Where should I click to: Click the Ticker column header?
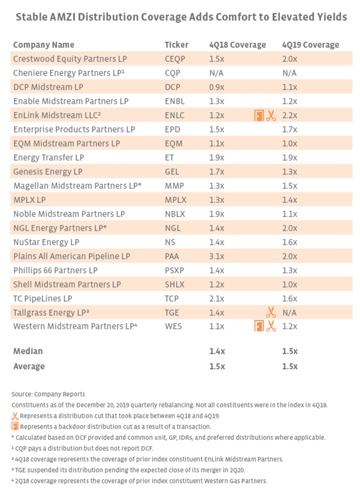coord(176,45)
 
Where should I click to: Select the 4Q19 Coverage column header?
coord(310,45)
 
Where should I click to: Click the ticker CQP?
coord(172,73)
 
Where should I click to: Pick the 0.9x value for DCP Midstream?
coord(216,87)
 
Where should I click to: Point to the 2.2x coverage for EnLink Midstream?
coord(289,115)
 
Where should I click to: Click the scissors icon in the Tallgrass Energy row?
coord(271,313)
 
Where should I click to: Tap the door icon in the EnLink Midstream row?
coord(259,116)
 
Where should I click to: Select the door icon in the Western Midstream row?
coord(259,326)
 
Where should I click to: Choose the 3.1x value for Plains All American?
coord(216,256)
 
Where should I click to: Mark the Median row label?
coord(28,351)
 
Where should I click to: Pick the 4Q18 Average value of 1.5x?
coord(216,366)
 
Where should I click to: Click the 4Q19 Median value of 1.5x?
coord(289,351)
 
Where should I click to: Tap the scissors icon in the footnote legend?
coord(15,416)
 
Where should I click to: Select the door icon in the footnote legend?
coord(15,426)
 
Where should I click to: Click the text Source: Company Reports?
coord(48,394)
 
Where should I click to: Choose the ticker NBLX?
coord(175,214)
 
